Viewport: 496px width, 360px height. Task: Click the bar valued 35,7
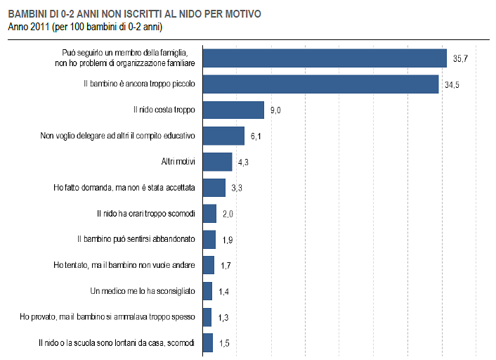pos(325,58)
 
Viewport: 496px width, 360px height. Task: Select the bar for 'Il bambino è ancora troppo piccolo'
pos(320,84)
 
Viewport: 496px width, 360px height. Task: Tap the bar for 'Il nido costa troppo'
pos(233,110)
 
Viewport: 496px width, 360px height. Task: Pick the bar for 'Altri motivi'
pos(217,162)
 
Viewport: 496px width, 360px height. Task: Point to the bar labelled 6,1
pos(223,136)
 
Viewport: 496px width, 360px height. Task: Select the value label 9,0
pos(276,110)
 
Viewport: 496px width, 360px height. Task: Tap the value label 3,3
pos(237,188)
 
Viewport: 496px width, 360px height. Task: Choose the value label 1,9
pos(228,240)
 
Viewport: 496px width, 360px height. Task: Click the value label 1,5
pos(225,342)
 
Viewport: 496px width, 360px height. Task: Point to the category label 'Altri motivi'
pos(178,162)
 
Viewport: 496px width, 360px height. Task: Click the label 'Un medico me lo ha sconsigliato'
pos(143,290)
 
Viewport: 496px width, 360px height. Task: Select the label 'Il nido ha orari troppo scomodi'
pos(145,213)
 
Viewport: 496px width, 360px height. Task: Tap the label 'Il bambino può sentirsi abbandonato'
pos(136,239)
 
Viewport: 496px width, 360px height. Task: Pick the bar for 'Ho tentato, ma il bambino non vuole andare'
pos(209,265)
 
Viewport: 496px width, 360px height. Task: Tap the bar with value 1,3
pos(207,317)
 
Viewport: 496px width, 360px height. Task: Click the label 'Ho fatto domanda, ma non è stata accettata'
pos(125,188)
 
